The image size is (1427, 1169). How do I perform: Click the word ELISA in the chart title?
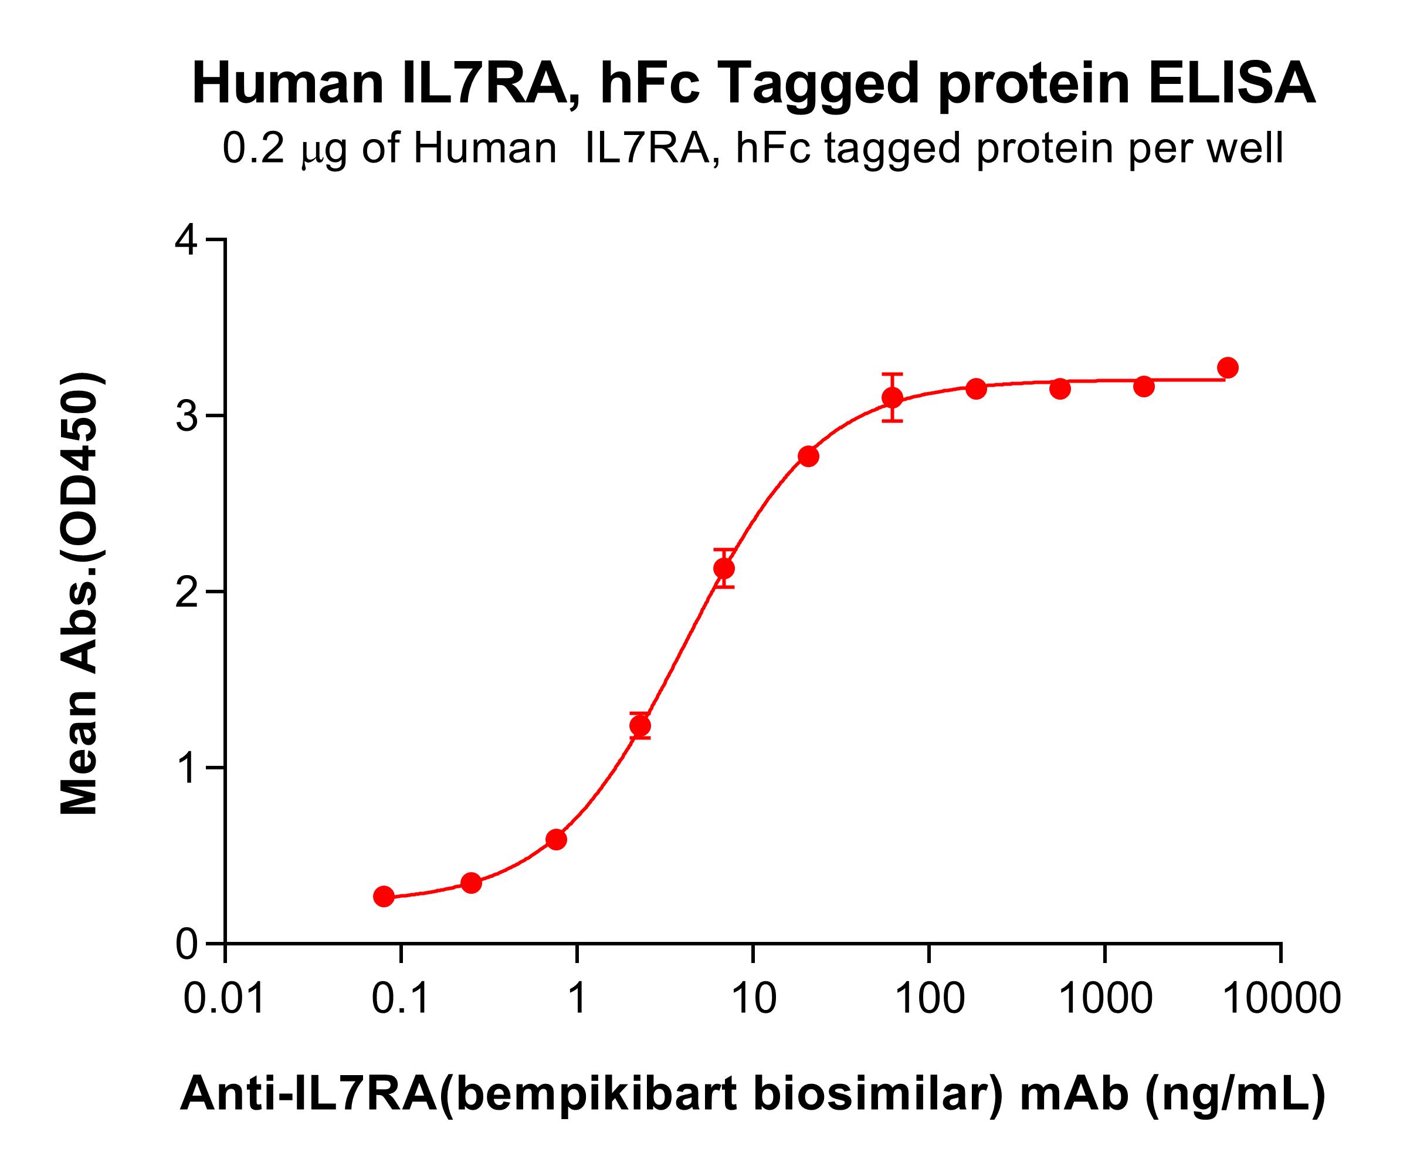pos(1232,83)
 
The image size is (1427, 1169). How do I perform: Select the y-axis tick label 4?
pos(187,241)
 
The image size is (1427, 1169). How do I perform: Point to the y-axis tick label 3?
pos(187,416)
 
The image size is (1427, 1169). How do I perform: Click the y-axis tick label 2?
pos(187,592)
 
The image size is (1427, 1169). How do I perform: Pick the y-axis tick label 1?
pos(187,768)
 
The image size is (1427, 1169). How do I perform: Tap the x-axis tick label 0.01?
pos(224,998)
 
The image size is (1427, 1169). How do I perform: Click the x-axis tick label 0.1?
pos(401,998)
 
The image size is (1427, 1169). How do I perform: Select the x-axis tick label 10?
pos(753,998)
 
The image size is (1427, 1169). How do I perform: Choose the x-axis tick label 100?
pos(930,998)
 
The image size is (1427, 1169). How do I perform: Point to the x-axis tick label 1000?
pos(1105,998)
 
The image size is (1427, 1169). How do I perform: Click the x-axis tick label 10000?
pos(1281,998)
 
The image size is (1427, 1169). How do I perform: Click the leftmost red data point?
pos(384,896)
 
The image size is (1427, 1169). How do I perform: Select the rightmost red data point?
pos(1228,368)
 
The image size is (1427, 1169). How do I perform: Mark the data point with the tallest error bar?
pos(893,397)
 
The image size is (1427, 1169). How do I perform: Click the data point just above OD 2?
pos(724,568)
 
